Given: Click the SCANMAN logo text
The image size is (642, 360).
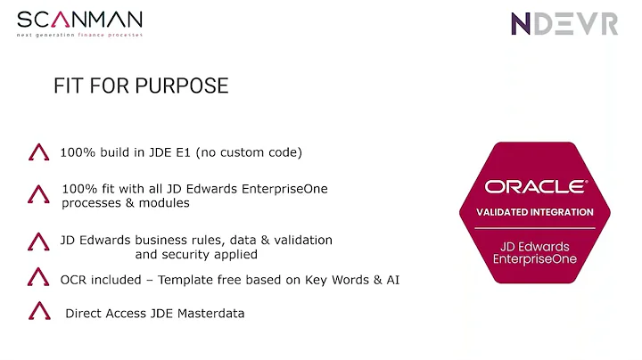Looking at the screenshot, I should tap(78, 20).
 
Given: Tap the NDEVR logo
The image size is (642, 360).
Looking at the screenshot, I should tap(564, 24).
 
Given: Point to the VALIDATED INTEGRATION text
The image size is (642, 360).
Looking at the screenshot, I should tap(535, 212).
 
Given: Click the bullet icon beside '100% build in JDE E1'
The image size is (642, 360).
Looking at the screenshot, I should tap(38, 152).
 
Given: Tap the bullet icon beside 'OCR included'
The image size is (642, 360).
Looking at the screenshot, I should tap(38, 279).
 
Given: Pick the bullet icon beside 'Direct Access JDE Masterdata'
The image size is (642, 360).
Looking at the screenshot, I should tap(38, 312).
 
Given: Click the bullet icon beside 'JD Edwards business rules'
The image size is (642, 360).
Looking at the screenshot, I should tap(38, 242).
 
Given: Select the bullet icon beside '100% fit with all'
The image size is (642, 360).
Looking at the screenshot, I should tap(38, 194).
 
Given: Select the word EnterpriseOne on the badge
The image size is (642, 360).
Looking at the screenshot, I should tap(535, 259).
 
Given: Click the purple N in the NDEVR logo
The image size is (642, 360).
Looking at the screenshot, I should tap(522, 24).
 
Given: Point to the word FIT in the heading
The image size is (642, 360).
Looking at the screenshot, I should tap(70, 86).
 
